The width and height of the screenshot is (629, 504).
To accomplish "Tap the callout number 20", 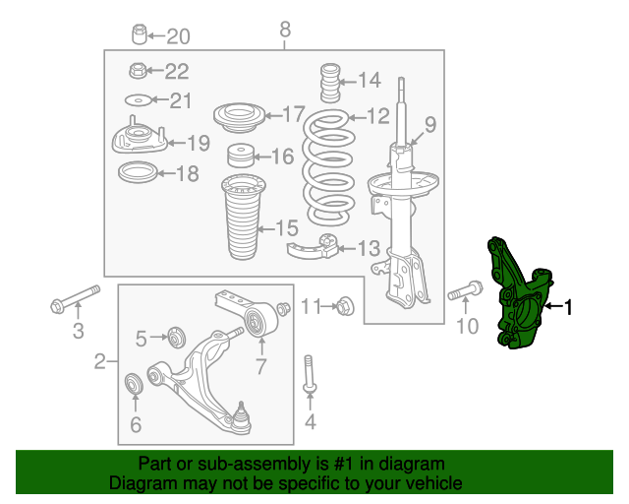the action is point(178,36).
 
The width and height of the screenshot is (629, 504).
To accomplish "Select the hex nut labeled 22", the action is point(138,70).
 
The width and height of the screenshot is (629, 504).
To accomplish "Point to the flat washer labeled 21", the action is point(138,99).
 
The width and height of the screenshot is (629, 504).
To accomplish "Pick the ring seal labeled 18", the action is point(138,172).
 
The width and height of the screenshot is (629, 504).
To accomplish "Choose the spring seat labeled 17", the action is point(239,117).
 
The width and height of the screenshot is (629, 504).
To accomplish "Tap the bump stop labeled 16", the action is point(241,156).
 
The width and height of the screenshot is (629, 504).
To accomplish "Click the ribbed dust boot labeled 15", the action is point(243,217).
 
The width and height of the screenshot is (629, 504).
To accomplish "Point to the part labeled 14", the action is point(330,83).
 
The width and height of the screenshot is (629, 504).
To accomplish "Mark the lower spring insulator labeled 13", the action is point(314,248).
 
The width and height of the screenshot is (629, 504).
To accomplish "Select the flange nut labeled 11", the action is point(345,307).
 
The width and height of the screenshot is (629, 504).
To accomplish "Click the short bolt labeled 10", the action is point(465,291).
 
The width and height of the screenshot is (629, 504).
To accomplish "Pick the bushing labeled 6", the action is point(134,384).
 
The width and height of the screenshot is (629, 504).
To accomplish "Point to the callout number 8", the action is point(285,30).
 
